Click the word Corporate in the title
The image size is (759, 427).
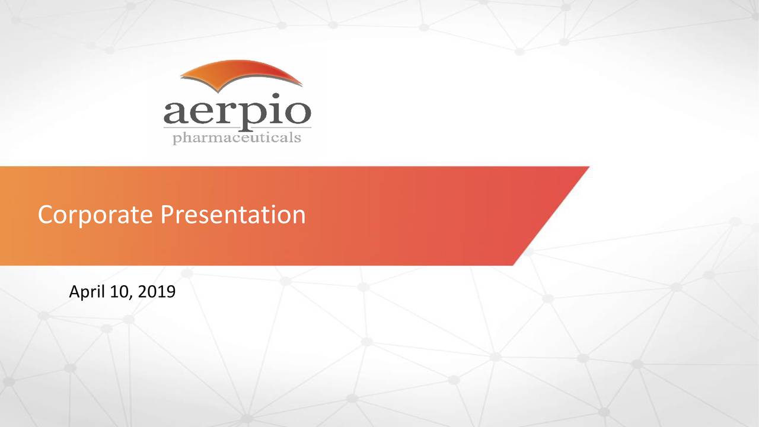[95, 215]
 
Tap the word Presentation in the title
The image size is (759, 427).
[233, 215]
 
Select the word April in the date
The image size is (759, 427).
[87, 292]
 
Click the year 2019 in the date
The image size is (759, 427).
[157, 292]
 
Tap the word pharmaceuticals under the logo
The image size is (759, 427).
[237, 138]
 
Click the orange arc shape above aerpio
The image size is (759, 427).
[241, 75]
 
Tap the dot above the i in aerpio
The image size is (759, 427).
[276, 96]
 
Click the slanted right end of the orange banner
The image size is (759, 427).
[551, 216]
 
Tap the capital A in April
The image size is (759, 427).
[75, 291]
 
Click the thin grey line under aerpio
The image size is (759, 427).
[237, 128]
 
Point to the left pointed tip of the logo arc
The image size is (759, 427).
[180, 75]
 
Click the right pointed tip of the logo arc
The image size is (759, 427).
[302, 85]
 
